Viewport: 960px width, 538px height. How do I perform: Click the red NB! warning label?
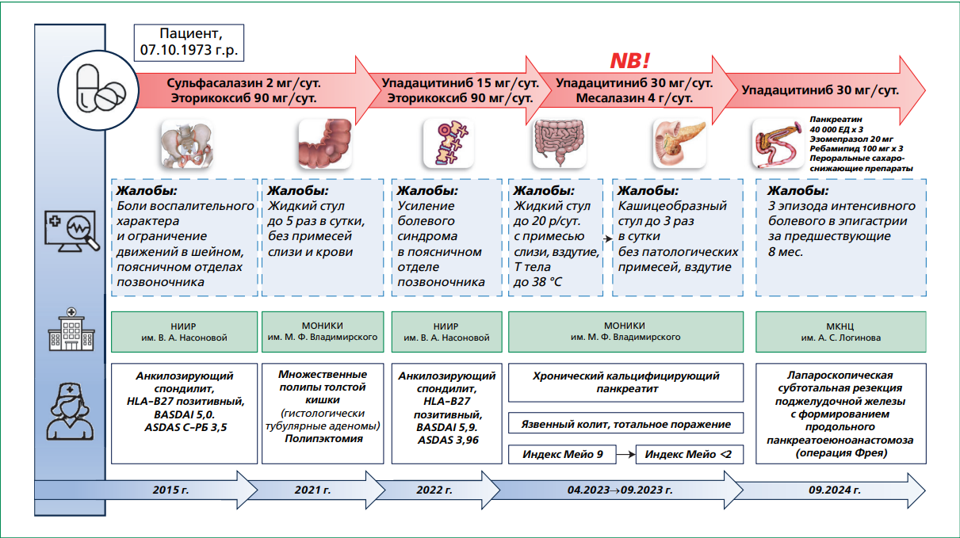click(x=629, y=61)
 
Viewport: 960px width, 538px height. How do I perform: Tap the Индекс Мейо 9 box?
click(x=561, y=454)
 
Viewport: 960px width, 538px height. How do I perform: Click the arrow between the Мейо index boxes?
click(x=626, y=454)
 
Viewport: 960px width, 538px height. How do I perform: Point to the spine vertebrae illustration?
click(x=447, y=144)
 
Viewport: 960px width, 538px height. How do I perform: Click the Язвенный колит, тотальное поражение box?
click(x=625, y=424)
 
